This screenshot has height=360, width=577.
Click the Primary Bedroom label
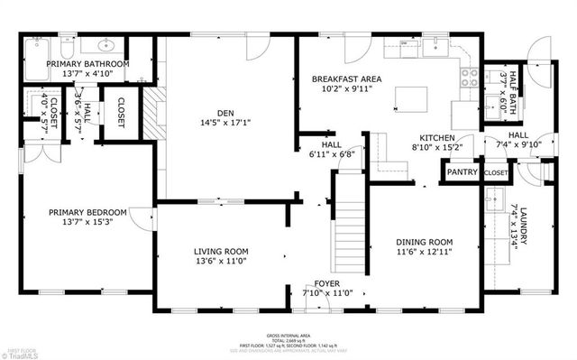87,213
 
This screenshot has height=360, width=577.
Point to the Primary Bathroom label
87,64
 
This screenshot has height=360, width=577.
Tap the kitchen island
411,95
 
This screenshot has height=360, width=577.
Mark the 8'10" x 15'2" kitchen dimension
436,147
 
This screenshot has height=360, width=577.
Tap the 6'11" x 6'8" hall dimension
333,154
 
